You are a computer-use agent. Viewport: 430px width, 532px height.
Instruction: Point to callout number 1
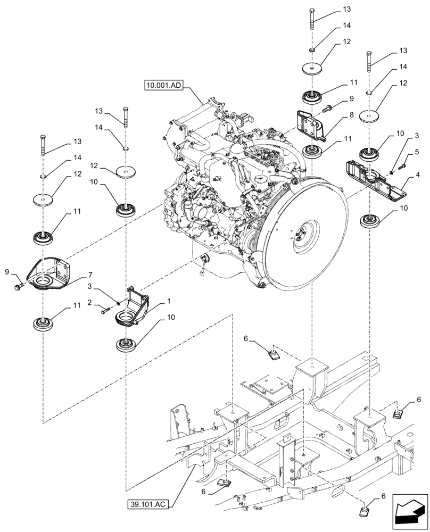(169, 301)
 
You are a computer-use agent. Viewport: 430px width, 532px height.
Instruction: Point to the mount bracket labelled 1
(133, 307)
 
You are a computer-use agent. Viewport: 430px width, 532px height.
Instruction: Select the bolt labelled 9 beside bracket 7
(19, 287)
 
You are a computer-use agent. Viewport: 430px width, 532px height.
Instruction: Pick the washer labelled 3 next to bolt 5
(391, 171)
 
